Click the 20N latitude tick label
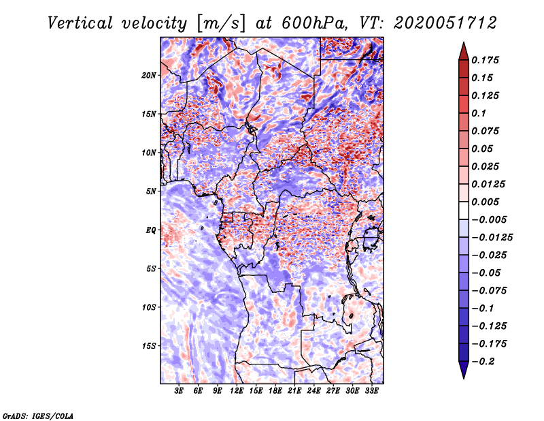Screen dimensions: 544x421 coord(149,76)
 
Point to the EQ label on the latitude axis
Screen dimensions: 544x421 coord(150,230)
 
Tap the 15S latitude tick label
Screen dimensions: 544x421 coord(149,346)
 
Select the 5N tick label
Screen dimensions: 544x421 coord(151,191)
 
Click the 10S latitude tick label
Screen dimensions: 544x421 coord(149,307)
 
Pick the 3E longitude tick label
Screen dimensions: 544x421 coord(179,390)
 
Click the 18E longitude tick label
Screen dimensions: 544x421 coord(275,390)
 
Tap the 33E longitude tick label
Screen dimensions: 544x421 coord(371,390)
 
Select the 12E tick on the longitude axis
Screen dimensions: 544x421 coord(237,390)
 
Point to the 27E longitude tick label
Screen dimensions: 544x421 coord(333,390)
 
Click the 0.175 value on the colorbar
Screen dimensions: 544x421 coord(485,60)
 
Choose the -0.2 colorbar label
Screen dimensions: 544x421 coord(483,362)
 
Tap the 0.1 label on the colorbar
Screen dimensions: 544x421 coord(479,113)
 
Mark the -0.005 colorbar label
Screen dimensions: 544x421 coord(489,220)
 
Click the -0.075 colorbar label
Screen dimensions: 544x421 coord(489,291)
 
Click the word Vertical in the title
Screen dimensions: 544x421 coord(80,23)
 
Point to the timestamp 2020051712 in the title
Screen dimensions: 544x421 coord(445,23)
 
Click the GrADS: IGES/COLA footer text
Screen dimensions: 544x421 coord(38,416)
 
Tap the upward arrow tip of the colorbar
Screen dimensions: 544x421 coord(464,42)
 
